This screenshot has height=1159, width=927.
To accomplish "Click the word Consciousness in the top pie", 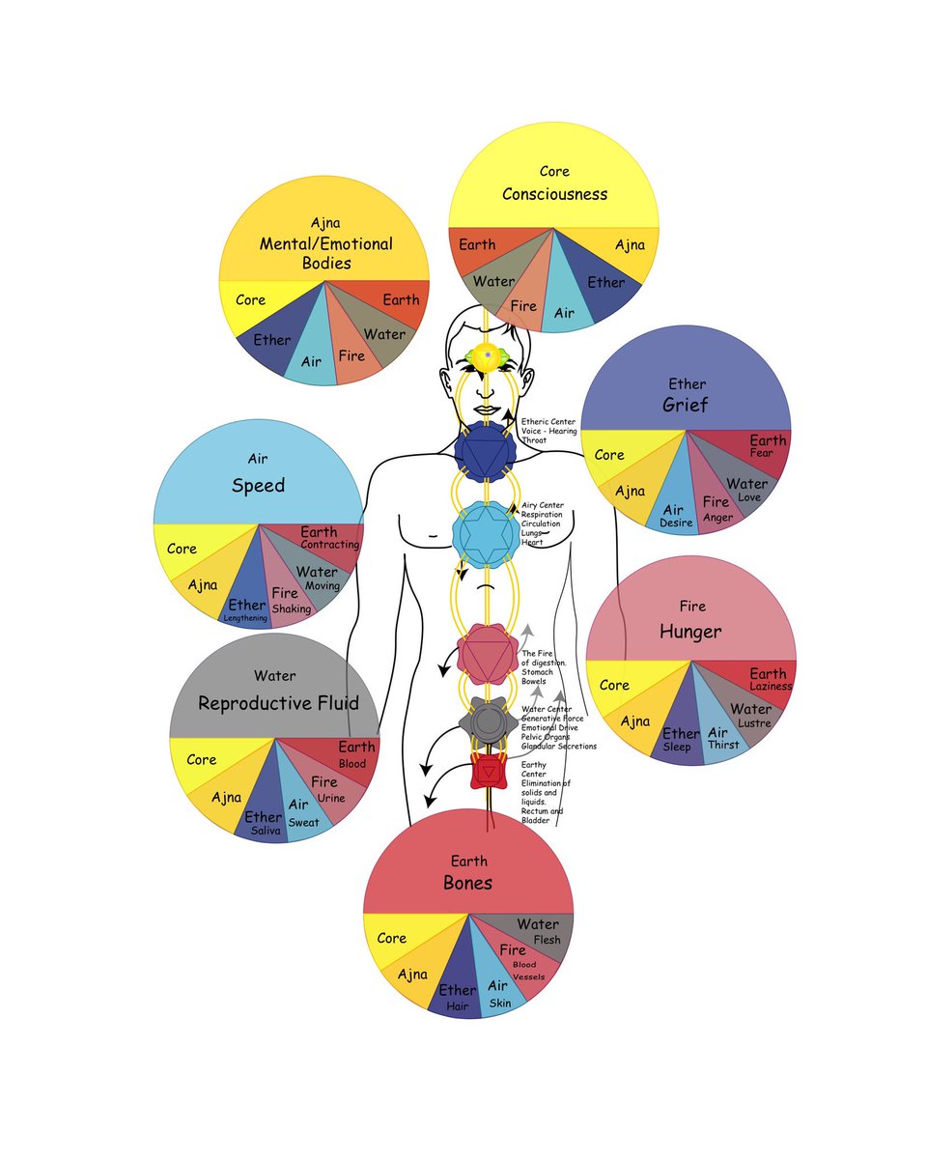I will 554,194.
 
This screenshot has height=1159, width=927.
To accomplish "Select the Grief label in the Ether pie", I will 685,405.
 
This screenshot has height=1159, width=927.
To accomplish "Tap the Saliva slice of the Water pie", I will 264,824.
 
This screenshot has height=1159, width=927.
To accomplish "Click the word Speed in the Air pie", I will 258,485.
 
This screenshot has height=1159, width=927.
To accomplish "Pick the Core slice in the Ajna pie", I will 251,300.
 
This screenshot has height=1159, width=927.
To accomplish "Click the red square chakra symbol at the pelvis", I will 488,773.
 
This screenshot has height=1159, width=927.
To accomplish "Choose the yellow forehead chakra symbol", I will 489,357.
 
